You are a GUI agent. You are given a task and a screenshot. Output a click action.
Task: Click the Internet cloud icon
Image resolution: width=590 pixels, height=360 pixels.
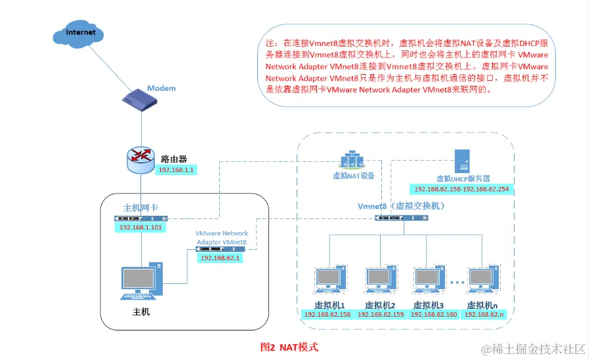click(80, 33)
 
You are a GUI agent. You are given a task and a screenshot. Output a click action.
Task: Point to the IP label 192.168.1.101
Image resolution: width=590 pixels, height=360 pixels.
click(140, 228)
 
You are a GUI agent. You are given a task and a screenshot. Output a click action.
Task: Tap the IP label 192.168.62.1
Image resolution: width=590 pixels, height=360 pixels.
click(221, 258)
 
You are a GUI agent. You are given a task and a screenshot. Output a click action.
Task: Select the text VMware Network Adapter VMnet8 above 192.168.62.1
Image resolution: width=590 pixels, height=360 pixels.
click(222, 237)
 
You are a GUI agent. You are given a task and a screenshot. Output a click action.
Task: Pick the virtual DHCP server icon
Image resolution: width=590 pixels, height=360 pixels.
click(463, 161)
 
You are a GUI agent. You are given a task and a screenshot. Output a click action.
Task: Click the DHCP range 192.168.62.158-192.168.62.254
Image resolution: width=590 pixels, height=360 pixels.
click(461, 190)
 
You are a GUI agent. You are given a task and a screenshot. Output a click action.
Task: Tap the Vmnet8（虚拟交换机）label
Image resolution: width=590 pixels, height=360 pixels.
click(402, 206)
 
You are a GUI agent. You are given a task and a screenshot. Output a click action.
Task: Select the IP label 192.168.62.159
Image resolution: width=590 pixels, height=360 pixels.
click(380, 314)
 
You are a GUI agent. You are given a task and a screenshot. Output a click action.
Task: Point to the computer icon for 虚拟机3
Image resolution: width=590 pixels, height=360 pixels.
click(429, 281)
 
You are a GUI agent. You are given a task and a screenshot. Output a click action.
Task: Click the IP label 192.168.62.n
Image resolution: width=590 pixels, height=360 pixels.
click(483, 314)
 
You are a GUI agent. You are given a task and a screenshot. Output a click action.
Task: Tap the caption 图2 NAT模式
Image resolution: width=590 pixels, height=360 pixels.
click(289, 346)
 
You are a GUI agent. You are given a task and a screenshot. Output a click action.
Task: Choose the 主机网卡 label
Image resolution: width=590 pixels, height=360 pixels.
click(140, 207)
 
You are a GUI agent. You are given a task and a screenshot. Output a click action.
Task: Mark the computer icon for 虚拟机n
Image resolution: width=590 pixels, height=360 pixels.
click(483, 281)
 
